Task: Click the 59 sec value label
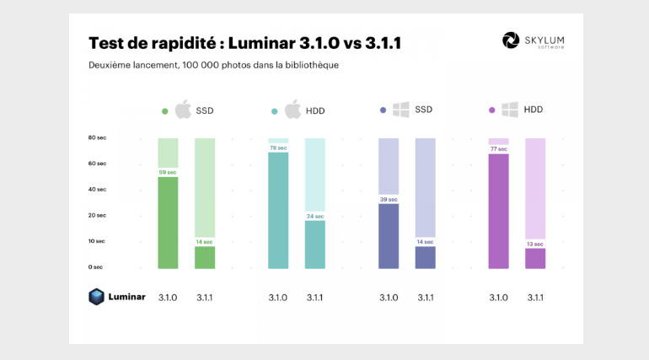coord(168,172)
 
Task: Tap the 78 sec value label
coord(278,148)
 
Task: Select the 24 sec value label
coord(314,216)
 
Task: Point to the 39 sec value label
coord(389,199)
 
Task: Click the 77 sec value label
coord(498,149)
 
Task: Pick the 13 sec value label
coord(535,244)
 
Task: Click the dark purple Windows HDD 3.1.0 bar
coord(498,211)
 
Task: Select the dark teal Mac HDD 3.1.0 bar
coord(278,211)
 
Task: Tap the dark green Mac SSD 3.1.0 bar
coord(168,223)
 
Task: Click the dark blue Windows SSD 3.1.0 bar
coord(389,236)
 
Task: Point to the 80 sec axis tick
coord(97,137)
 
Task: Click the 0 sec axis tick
coord(95,266)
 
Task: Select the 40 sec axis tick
coord(97,189)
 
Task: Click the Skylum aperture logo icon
coord(511,40)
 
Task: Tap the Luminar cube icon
coord(97,297)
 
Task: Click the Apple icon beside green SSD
coord(183,110)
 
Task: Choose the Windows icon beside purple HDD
coord(510,110)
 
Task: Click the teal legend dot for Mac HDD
coord(275,110)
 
